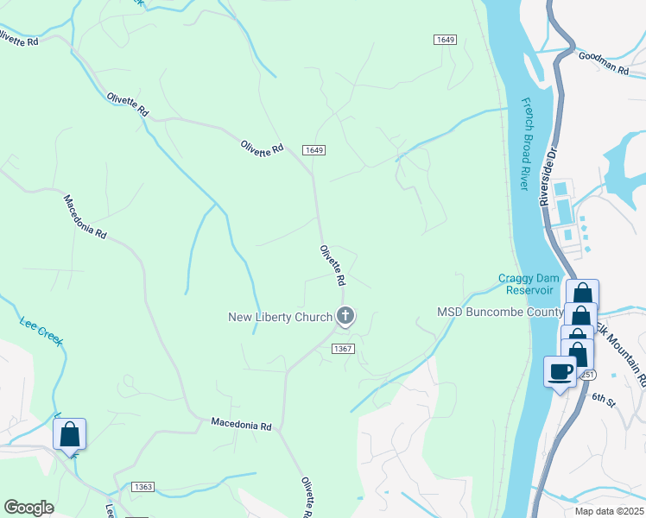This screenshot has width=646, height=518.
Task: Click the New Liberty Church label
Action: tap(280, 317)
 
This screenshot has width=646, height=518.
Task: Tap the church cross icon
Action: tap(345, 317)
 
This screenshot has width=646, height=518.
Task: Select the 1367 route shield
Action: tap(343, 348)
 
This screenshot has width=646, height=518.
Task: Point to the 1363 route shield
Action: tap(143, 487)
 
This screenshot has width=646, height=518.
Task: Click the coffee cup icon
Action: tap(560, 371)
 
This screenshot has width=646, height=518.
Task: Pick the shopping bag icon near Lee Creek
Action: tap(70, 434)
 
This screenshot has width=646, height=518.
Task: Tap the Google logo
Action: tap(28, 508)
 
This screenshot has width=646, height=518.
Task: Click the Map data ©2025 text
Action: tap(610, 511)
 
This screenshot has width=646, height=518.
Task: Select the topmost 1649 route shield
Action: tap(445, 40)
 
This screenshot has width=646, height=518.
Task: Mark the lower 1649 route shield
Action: tap(314, 150)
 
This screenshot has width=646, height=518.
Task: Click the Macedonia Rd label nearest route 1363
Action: tap(242, 426)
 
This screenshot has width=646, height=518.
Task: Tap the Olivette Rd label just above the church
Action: tap(332, 266)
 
